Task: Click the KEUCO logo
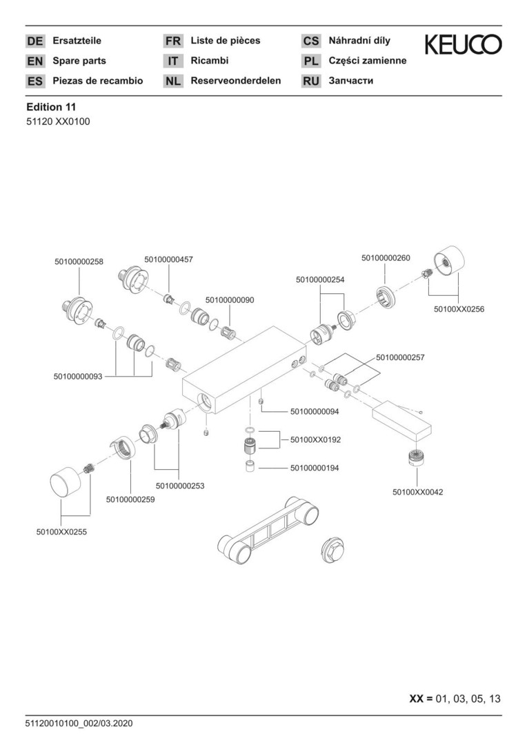pyautogui.click(x=463, y=45)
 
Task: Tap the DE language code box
pyautogui.click(x=35, y=41)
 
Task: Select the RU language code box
pyautogui.click(x=311, y=81)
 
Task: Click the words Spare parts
pyautogui.click(x=79, y=61)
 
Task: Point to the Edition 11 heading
pyautogui.click(x=51, y=107)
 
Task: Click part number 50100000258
pyautogui.click(x=79, y=261)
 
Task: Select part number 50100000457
pyautogui.click(x=169, y=259)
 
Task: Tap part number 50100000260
pyautogui.click(x=386, y=258)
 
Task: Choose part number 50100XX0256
pyautogui.click(x=459, y=309)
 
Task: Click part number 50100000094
pyautogui.click(x=315, y=412)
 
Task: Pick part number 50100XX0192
pyautogui.click(x=316, y=439)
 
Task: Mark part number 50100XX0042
pyautogui.click(x=417, y=492)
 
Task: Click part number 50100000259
pyautogui.click(x=130, y=499)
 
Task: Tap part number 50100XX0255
pyautogui.click(x=61, y=532)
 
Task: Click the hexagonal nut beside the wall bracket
pyautogui.click(x=334, y=553)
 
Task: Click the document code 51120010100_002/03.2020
pyautogui.click(x=79, y=724)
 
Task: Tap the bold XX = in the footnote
pyautogui.click(x=420, y=699)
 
